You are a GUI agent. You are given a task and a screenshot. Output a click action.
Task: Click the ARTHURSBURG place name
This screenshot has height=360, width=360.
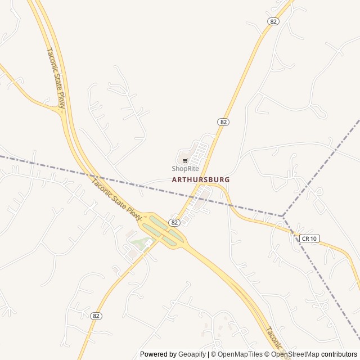201,179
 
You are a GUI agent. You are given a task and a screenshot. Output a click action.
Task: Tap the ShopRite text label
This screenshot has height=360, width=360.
185,168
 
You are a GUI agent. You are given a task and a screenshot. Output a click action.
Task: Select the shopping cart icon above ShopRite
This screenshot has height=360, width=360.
185,161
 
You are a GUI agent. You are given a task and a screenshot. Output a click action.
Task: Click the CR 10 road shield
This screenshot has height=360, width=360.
309,238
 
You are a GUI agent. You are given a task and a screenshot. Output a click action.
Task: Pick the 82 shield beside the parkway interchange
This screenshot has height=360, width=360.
174,223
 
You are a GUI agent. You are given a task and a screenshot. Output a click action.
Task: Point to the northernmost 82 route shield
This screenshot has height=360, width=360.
273,21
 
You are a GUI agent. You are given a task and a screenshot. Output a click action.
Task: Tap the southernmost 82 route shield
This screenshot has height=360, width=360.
96,316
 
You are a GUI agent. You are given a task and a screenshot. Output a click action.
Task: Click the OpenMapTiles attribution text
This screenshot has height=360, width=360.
241,354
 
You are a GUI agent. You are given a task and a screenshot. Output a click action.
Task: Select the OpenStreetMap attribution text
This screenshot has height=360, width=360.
295,354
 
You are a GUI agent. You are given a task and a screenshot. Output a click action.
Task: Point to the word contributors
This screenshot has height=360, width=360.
339,354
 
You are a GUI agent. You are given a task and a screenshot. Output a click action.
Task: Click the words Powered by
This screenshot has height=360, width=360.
158,354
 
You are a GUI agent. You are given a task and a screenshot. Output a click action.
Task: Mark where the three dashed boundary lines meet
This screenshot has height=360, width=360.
283,216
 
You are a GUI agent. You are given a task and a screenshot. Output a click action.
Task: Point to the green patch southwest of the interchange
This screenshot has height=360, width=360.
141,243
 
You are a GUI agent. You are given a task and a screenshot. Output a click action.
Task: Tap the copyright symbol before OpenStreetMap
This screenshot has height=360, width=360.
267,354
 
